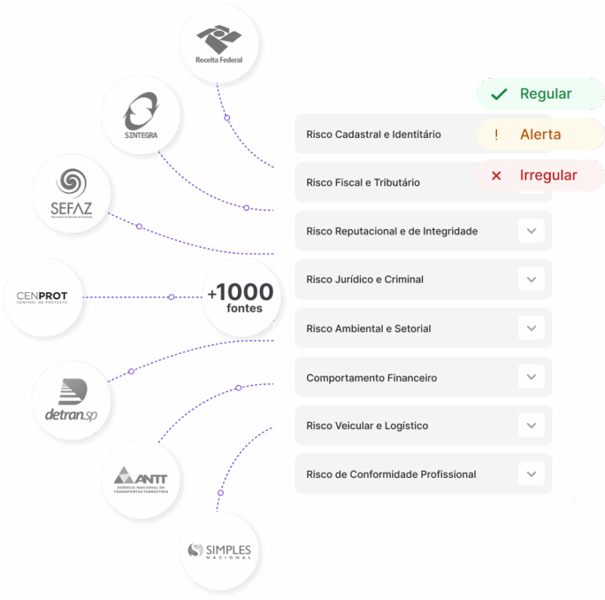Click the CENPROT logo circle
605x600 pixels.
[x=43, y=297]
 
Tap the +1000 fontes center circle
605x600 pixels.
[x=240, y=297]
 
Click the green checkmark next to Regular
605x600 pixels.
[x=498, y=94]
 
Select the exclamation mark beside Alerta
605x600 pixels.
[x=496, y=135]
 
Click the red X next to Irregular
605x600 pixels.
[x=496, y=176]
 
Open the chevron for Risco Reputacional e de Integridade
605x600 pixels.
[x=531, y=231]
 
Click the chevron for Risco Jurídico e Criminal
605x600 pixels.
[x=531, y=280]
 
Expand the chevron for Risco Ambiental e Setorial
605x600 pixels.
[x=531, y=328]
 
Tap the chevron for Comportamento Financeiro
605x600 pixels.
[x=531, y=377]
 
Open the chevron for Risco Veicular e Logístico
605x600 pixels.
[x=531, y=426]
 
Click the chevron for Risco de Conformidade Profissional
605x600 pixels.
[x=531, y=474]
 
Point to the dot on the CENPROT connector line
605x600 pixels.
[x=171, y=297]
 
